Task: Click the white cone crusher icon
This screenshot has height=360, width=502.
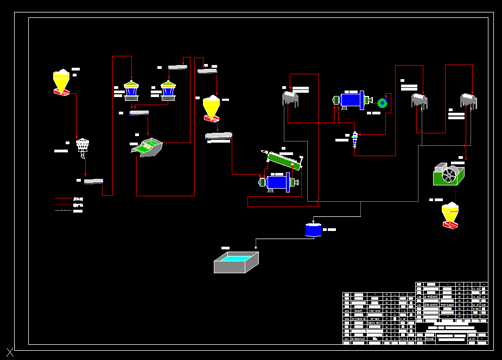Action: coord(82,145)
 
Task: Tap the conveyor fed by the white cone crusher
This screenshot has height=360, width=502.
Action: coord(93,181)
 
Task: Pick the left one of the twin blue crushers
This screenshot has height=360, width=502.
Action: coord(131,90)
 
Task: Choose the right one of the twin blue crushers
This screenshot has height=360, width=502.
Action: coord(168,90)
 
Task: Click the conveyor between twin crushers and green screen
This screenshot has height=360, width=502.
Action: coord(139,113)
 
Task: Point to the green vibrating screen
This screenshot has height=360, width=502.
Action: coord(147,147)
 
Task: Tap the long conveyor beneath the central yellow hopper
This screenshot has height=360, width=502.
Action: coord(219,136)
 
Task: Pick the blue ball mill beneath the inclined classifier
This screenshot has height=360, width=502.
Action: coord(278,182)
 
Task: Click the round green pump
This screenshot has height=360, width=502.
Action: coord(383,102)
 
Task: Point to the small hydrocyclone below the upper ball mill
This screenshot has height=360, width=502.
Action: coord(355,138)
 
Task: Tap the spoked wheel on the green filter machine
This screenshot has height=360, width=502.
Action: coord(448,175)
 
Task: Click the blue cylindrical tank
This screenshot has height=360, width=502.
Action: coord(313,230)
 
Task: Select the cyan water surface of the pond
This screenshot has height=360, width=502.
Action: coord(237,258)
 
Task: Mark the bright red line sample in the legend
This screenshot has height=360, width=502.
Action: coord(63,205)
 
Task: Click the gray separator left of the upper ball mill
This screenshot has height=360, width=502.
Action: coord(290,98)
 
